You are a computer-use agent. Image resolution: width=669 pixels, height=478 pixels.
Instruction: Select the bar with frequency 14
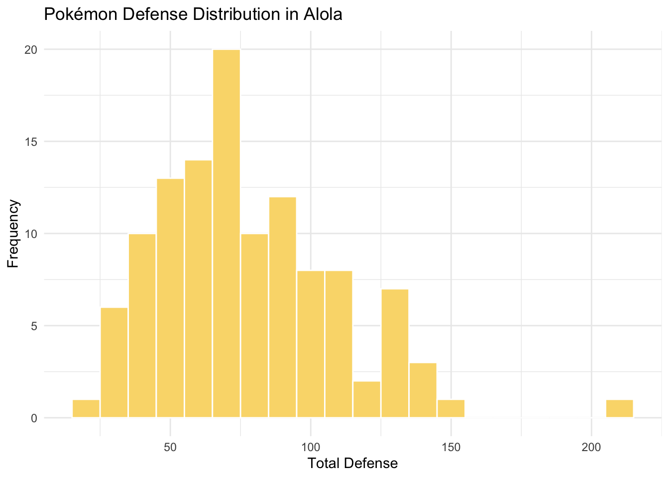click(198, 289)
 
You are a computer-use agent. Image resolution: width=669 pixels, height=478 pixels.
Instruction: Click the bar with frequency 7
click(395, 353)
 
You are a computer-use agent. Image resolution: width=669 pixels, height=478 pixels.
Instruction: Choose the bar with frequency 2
click(367, 399)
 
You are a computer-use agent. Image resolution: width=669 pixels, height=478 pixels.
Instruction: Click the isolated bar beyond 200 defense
click(619, 408)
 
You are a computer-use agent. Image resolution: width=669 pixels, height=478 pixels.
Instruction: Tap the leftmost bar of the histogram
click(86, 408)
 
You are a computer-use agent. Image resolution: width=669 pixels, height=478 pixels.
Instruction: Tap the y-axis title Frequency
click(13, 234)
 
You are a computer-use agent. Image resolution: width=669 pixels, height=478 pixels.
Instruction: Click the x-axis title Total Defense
click(352, 464)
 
